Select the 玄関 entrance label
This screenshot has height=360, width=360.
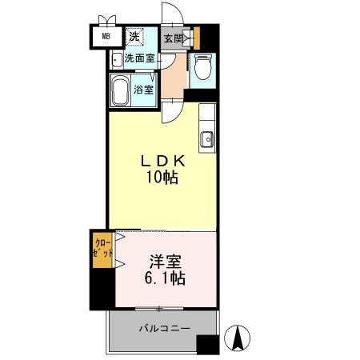[173, 37]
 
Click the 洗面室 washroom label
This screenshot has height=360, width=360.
[139, 58]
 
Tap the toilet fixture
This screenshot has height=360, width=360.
[203, 69]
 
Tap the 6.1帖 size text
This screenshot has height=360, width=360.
[165, 279]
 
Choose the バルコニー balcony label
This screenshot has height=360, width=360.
[163, 328]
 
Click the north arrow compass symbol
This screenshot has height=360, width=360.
[238, 338]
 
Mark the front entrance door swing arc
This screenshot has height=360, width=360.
[171, 14]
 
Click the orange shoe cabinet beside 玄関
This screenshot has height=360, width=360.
[194, 37]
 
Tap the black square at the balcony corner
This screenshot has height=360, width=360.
[207, 344]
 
